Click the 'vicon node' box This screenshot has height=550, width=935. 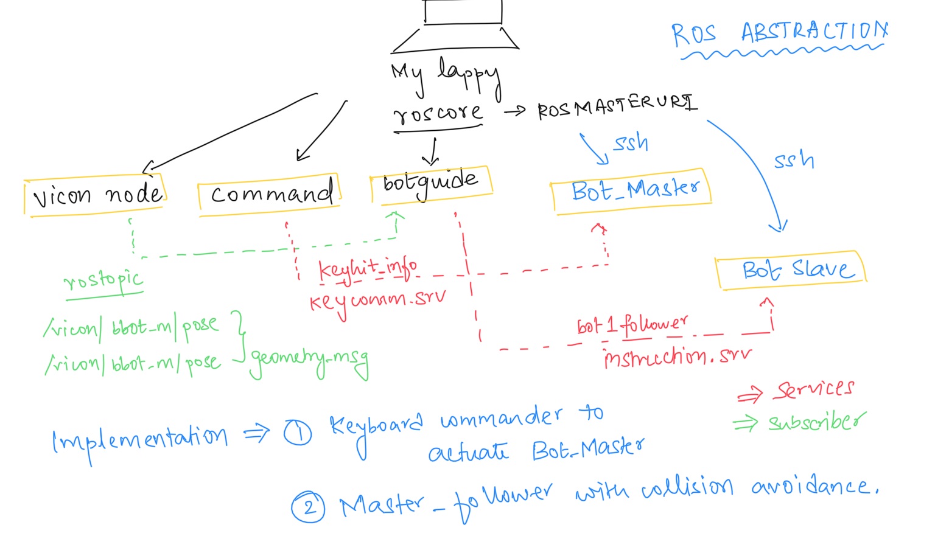95,195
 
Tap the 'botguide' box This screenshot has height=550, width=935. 431,184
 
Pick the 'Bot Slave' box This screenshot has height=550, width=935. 791,270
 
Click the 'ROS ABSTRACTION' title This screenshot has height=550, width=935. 779,33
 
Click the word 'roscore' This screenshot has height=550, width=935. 438,113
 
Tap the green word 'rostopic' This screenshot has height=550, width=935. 103,280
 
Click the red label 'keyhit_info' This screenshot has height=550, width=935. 368,268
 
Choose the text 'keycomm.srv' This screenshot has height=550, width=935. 377,300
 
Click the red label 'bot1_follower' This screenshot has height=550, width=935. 632,325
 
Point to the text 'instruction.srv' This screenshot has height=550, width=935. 677,357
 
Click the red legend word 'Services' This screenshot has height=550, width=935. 814,389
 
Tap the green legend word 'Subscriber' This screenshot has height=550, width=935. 816,421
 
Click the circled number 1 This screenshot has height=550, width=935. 298,433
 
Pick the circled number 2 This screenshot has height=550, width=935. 308,507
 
